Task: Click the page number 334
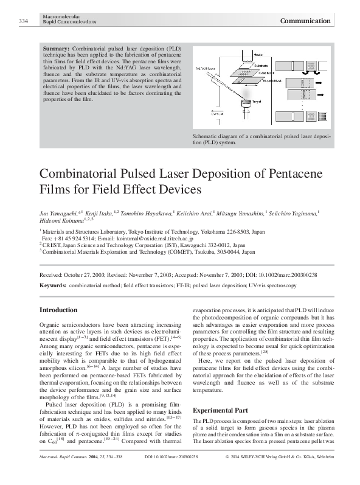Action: click(24, 21)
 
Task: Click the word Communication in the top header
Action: click(305, 21)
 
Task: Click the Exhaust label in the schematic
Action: click(217, 113)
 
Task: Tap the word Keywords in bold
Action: click(52, 285)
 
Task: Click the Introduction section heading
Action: click(58, 310)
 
